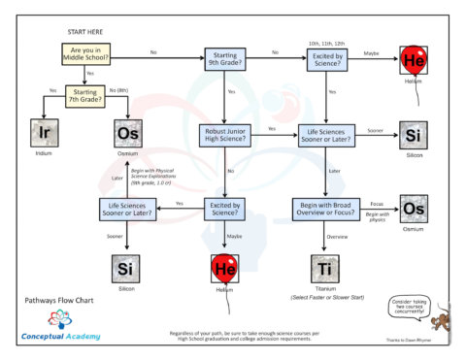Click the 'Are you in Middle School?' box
(x=89, y=54)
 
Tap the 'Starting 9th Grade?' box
(x=231, y=61)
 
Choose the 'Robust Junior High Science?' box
(x=231, y=134)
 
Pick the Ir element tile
(x=43, y=134)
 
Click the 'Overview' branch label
(x=338, y=236)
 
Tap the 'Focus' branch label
(x=376, y=204)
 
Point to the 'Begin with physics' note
(x=377, y=217)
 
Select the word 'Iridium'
(x=43, y=153)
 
